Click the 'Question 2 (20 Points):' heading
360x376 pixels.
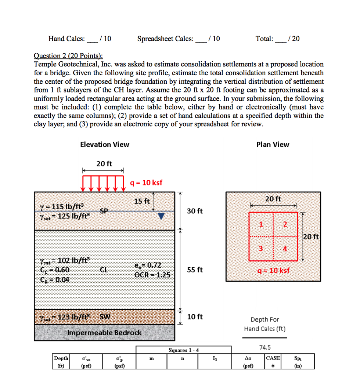click(68, 55)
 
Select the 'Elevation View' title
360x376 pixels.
click(104, 144)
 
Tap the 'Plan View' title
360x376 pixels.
click(273, 144)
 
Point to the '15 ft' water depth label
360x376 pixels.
click(142, 201)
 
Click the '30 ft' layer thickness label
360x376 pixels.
click(195, 211)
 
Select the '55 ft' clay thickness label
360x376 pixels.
click(195, 270)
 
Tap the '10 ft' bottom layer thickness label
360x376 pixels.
click(195, 317)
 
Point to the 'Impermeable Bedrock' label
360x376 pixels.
click(104, 333)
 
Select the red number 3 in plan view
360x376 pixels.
click(261, 249)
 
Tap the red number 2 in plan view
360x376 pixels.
click(285, 224)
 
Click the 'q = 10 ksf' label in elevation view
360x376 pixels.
click(146, 183)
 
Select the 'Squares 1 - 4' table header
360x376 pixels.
click(184, 350)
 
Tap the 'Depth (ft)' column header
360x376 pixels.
click(61, 361)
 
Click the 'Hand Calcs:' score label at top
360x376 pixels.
click(66, 39)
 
